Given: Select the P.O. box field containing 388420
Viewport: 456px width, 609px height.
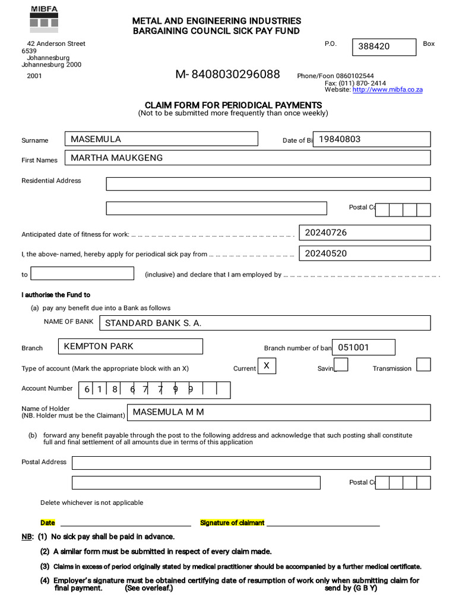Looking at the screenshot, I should coord(384,47).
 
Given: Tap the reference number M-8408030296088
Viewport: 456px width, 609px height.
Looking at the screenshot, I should coord(227,74).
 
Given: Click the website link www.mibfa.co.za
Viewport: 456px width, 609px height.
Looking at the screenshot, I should coord(387,90).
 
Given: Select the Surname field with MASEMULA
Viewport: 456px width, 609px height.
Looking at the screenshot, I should coord(161,139).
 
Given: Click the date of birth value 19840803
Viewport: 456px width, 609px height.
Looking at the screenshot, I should coord(371,139).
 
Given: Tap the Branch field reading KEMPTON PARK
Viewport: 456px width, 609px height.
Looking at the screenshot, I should coord(131,346).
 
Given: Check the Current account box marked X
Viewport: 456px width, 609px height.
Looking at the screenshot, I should coord(266,366).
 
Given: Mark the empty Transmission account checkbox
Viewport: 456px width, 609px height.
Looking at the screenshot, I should coord(423,365).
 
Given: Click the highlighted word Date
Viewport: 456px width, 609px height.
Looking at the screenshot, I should coord(47,523).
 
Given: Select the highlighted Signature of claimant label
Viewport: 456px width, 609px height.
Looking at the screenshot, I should coord(232,523).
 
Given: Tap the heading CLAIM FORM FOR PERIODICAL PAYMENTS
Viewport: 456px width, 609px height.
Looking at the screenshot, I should coord(233,105).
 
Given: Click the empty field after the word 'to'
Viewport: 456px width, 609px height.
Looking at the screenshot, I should coord(83,274).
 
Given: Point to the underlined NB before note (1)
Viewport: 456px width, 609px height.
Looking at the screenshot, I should coord(27,536).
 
